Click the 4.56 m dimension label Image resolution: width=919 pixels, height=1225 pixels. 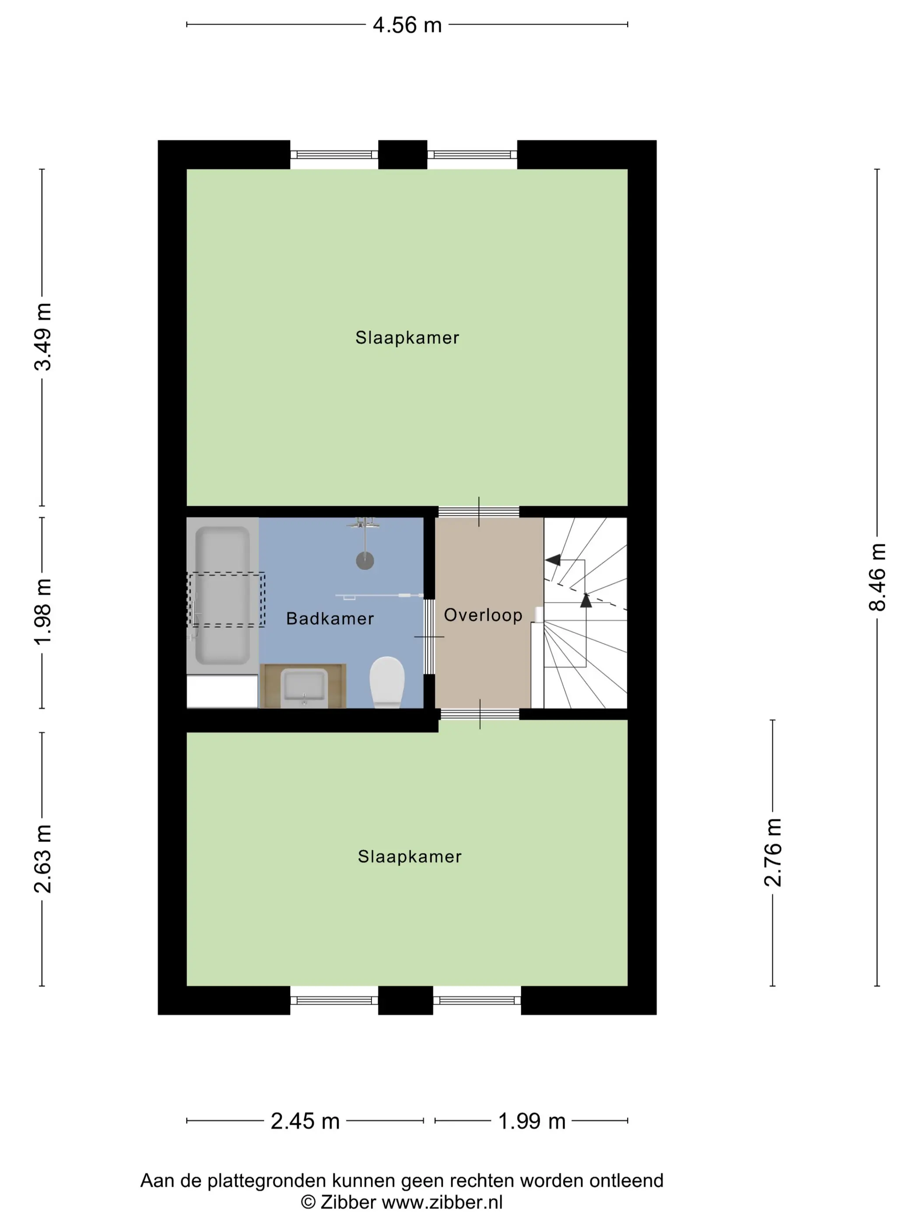click(x=407, y=25)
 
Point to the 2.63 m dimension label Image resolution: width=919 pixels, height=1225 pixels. click(x=42, y=859)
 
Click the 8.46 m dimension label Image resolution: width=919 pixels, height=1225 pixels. click(x=877, y=577)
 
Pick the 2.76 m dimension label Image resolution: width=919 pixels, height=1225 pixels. click(x=773, y=852)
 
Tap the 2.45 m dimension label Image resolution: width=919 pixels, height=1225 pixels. click(x=305, y=1121)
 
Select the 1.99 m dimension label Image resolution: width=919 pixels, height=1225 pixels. click(x=532, y=1121)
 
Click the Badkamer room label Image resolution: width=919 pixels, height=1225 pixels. click(x=330, y=619)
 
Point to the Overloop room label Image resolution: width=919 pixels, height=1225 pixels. click(x=483, y=615)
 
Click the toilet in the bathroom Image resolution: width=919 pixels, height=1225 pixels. click(x=387, y=682)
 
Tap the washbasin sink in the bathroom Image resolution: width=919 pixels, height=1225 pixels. click(x=304, y=687)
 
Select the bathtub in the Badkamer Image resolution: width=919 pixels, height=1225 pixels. click(x=223, y=595)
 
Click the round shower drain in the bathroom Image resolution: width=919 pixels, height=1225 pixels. click(x=365, y=560)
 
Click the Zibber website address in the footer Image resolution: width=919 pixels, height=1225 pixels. click(x=442, y=1202)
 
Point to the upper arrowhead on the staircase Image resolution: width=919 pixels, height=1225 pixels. click(x=553, y=560)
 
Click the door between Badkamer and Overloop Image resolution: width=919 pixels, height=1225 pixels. click(x=429, y=636)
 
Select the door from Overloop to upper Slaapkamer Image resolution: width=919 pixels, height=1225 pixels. click(x=479, y=512)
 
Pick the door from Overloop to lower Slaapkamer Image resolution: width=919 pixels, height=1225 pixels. click(x=480, y=714)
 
